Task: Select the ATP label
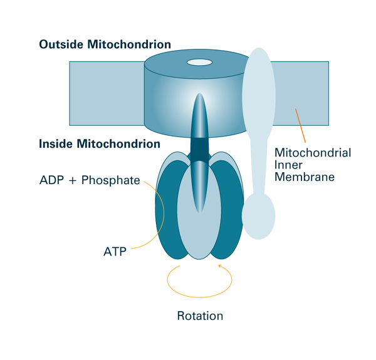115,252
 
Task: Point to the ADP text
53,182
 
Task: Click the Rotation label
199,316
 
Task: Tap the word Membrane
304,177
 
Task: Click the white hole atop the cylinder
199,62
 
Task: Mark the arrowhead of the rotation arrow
220,267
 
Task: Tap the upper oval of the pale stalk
258,94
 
